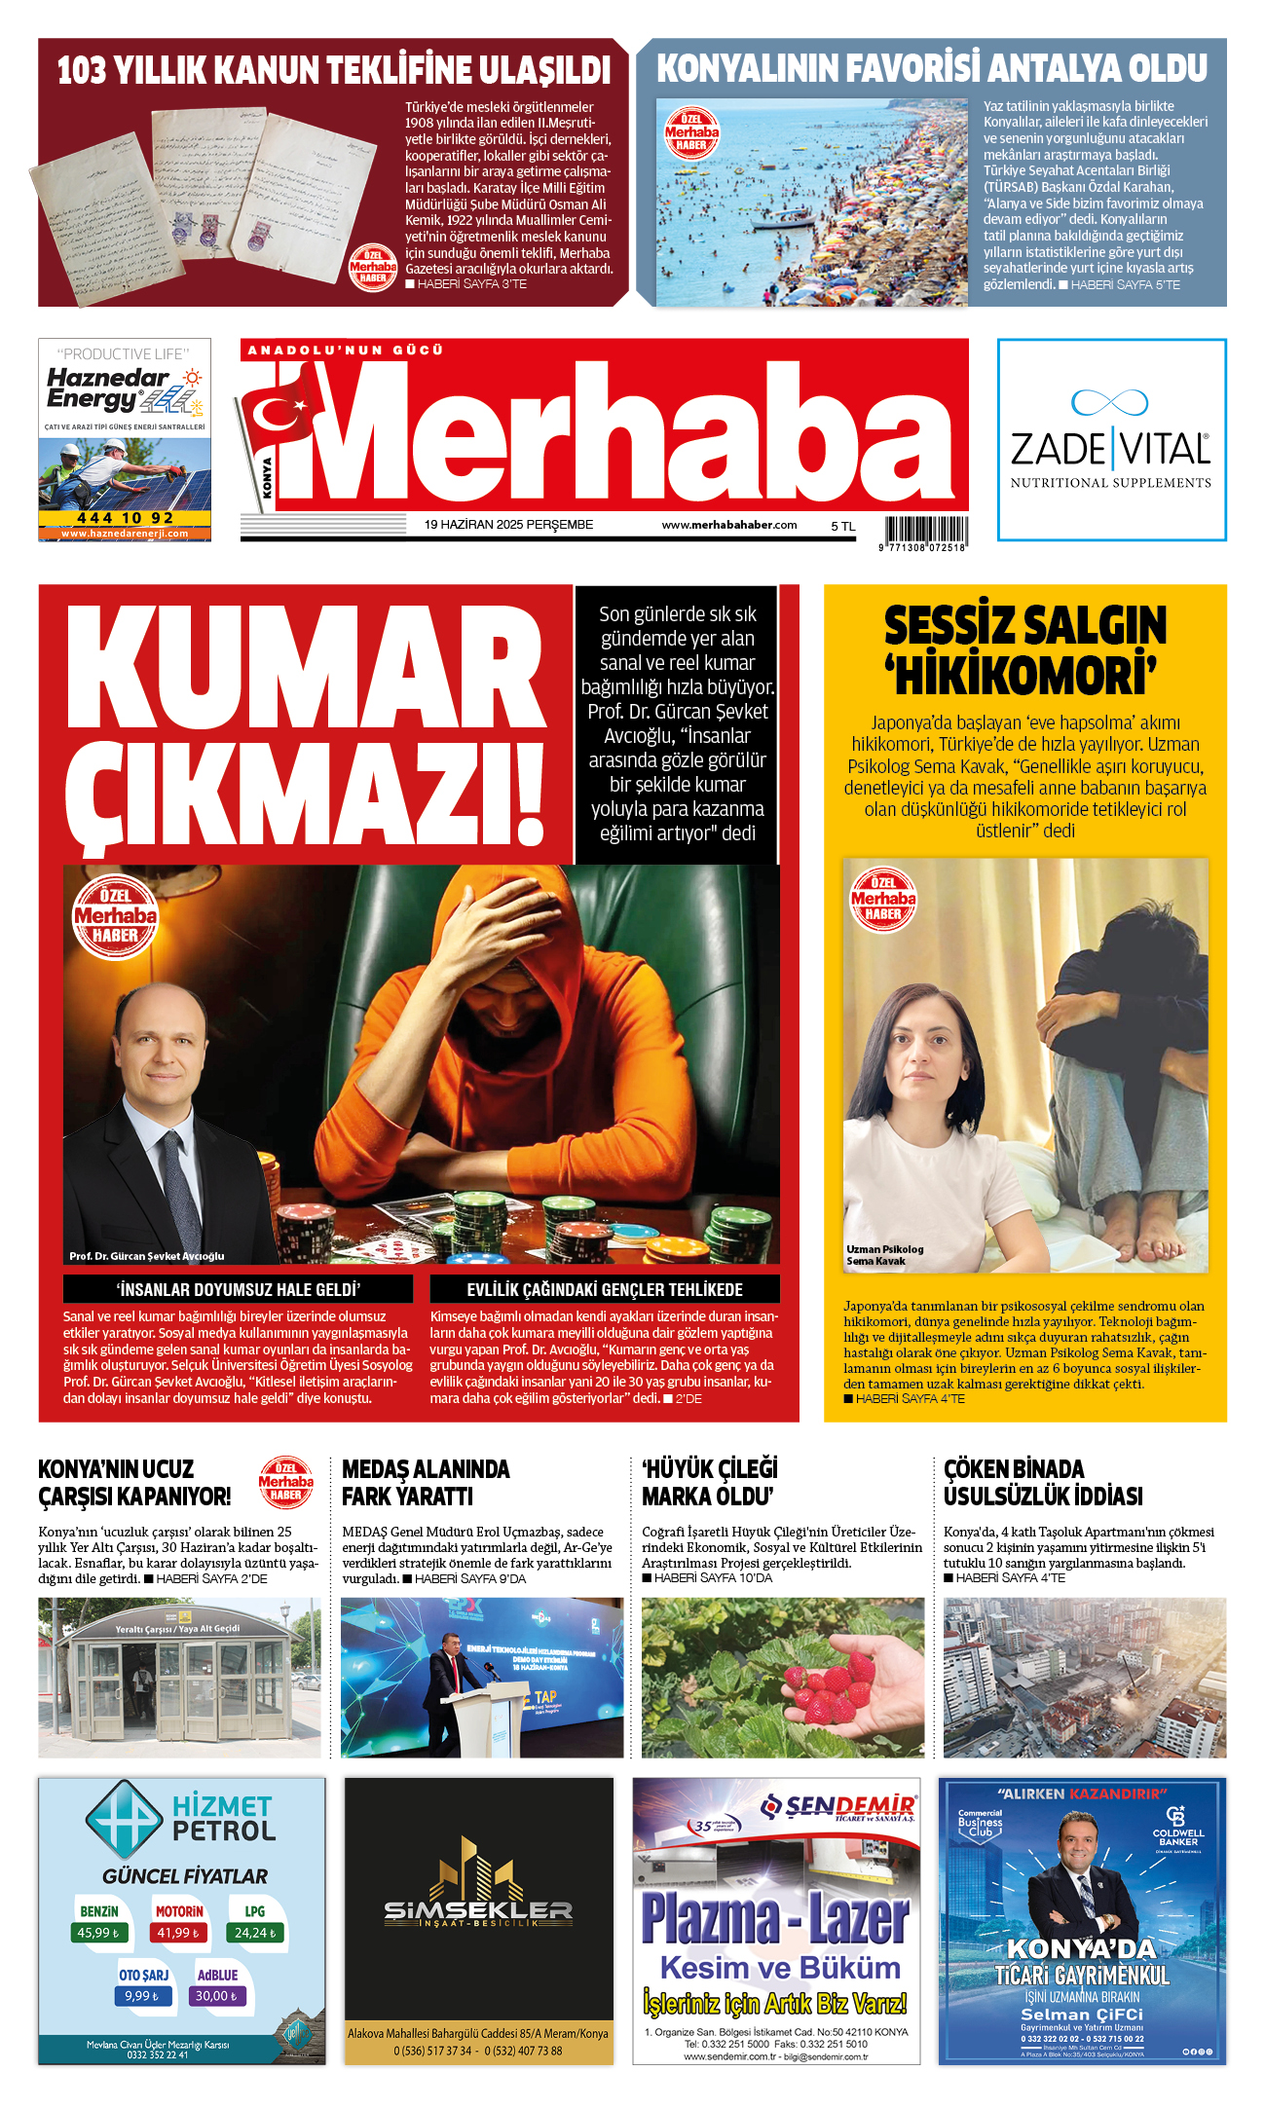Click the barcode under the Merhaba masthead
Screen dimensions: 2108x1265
926,531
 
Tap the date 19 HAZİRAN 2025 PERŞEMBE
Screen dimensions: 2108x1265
508,525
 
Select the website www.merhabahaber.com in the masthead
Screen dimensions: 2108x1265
728,525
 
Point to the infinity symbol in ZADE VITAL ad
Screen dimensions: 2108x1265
1109,401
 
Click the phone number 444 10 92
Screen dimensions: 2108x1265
125,518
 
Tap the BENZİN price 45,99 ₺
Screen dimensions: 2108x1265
98,1933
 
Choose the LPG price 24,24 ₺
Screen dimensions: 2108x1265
255,1933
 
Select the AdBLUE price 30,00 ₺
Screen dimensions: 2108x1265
217,1996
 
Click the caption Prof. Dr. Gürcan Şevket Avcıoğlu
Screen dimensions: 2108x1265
146,1256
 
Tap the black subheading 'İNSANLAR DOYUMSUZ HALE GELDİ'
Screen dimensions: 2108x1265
238,1289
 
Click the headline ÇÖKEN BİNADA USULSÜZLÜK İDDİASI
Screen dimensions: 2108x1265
1042,1482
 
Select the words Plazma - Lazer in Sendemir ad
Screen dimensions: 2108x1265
775,1919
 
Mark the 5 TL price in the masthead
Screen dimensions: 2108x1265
842,526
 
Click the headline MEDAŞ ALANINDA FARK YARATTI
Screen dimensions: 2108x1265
426,1482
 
